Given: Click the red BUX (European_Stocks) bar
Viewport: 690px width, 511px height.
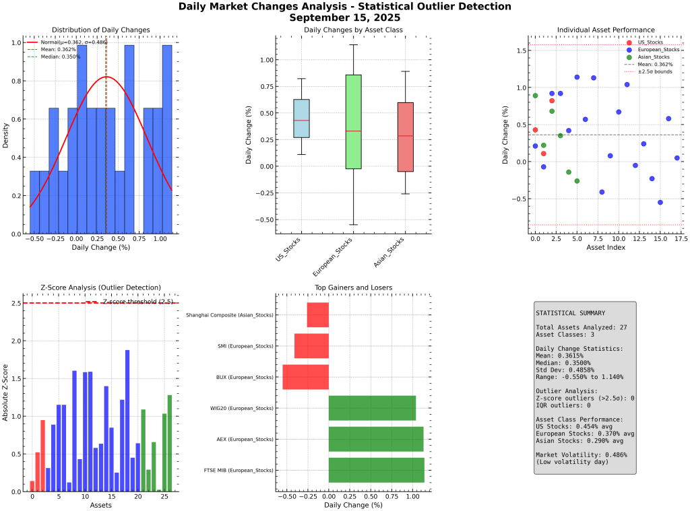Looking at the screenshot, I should [305, 377].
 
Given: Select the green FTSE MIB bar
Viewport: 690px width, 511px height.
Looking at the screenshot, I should [377, 470].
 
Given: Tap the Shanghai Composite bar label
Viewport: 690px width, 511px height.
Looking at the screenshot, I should [230, 315].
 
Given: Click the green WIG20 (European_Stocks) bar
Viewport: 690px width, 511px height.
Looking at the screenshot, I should [372, 408].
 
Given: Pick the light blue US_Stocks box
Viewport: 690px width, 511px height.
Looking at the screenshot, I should [301, 118].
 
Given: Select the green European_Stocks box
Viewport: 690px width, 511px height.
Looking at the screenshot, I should [353, 121].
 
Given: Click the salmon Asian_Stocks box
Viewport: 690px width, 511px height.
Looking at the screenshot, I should [405, 137].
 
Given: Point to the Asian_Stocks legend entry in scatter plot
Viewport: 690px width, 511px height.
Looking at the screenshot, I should [647, 57].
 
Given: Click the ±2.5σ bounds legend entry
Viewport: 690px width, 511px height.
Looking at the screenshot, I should [648, 71].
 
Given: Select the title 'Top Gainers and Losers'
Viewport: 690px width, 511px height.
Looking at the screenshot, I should [353, 287].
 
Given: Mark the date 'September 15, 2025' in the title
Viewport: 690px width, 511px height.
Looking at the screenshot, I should [344, 18].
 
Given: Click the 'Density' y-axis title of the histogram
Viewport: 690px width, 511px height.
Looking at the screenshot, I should [6, 135].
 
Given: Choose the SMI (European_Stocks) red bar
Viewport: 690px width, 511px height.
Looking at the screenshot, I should [311, 346].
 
